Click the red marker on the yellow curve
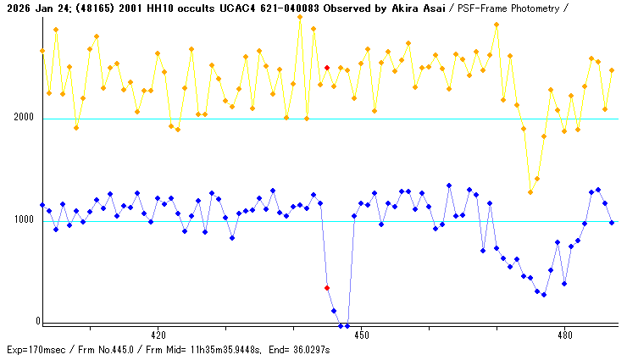[327, 68]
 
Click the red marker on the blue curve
[327, 288]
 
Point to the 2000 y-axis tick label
[23, 118]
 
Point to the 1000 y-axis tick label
[23, 220]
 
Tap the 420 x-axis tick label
[158, 334]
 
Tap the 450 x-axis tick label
[361, 334]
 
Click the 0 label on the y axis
[37, 322]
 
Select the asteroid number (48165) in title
[95, 7]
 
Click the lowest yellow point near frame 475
[530, 192]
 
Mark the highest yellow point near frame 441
[300, 17]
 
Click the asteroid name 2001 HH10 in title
[146, 7]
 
